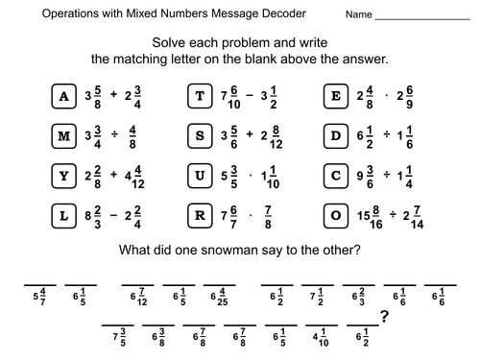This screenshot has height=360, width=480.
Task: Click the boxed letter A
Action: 64,95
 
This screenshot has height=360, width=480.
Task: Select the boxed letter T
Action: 200,95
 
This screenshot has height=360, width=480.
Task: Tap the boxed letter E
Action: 335,95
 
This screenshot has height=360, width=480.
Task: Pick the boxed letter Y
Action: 64,176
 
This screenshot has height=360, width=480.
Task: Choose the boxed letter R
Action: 200,216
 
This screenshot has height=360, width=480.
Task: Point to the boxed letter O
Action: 335,216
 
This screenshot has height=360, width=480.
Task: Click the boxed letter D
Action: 335,135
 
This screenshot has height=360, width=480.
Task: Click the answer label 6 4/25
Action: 220,294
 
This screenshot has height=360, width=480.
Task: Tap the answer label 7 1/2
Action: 319,294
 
